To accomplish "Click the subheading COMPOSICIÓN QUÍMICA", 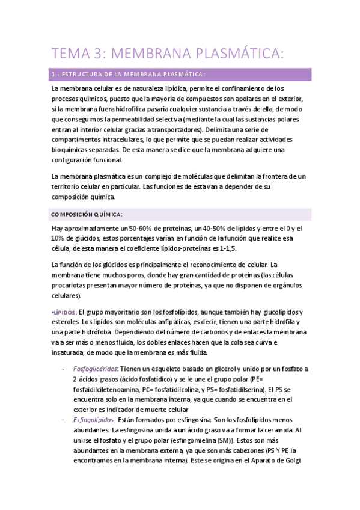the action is click(87, 214).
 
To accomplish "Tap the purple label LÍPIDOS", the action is click(64, 312).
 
